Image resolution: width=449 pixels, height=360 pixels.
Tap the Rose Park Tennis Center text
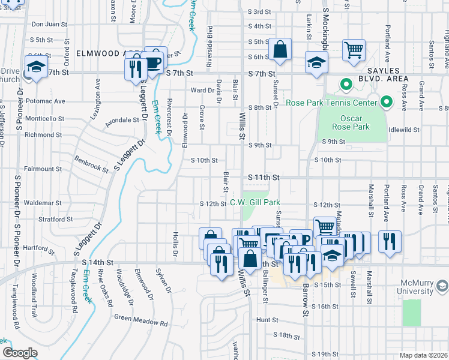331,103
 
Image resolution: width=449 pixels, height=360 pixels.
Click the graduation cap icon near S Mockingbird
316,62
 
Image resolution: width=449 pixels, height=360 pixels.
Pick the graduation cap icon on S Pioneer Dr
37,67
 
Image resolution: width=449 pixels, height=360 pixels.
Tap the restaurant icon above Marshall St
390,242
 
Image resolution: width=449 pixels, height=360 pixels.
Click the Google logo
20,353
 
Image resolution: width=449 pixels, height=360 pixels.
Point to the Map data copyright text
423,355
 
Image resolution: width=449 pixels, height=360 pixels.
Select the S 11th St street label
264,178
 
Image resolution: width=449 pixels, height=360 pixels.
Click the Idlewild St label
404,129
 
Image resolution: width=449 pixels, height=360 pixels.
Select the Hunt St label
265,320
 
